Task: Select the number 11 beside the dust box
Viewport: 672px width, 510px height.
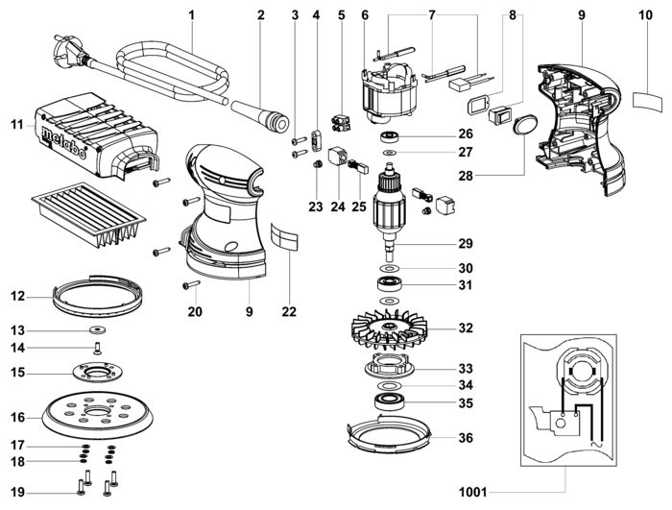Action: coord(16,124)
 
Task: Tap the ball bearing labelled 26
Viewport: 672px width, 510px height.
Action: coord(393,134)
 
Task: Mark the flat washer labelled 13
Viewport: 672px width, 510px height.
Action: coord(99,330)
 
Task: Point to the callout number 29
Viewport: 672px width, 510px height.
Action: coord(466,244)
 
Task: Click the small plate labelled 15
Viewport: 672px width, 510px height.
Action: coord(98,371)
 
